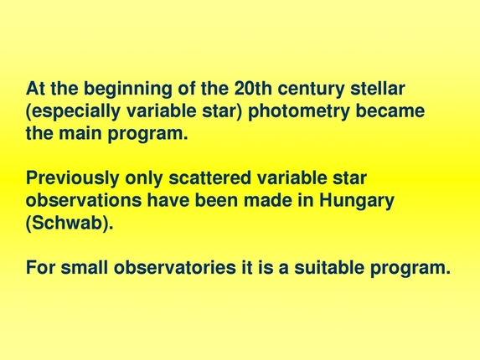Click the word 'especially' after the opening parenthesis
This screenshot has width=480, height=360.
pyautogui.click(x=70, y=111)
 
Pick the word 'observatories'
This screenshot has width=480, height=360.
pyautogui.click(x=168, y=269)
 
